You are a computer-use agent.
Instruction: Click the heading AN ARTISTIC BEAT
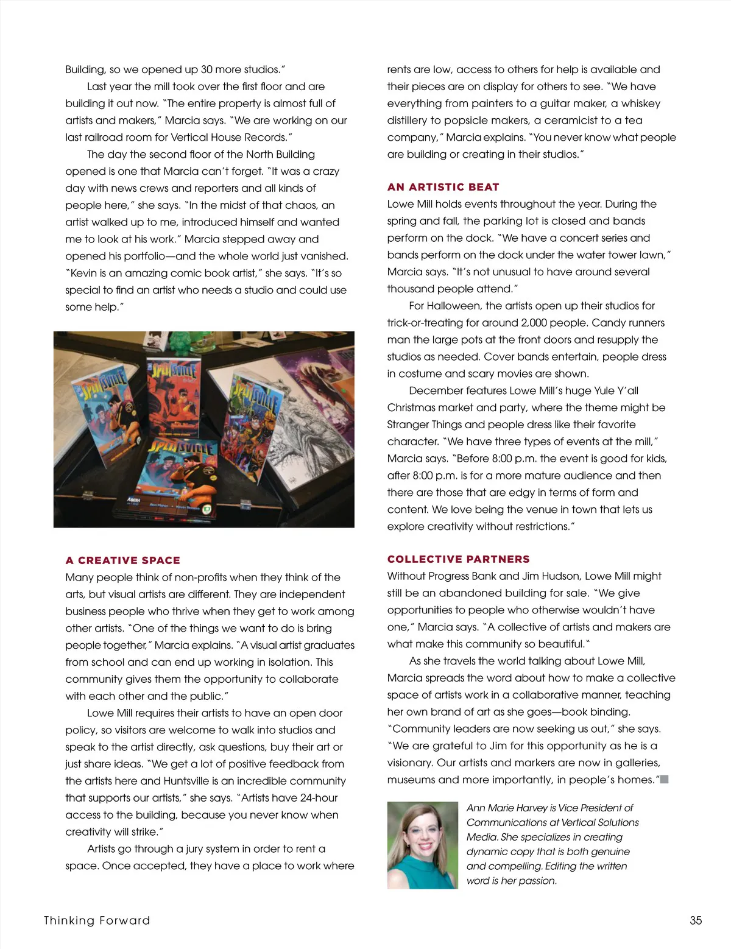[443, 187]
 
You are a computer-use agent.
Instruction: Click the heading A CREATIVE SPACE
[122, 560]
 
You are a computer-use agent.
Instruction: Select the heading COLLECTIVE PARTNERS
[458, 559]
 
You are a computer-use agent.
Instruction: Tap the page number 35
[696, 920]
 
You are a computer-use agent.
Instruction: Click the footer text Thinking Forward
[96, 920]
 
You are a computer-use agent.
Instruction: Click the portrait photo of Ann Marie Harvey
[422, 845]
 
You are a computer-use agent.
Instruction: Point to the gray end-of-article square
[665, 780]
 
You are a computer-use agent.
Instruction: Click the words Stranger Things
[420, 425]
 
